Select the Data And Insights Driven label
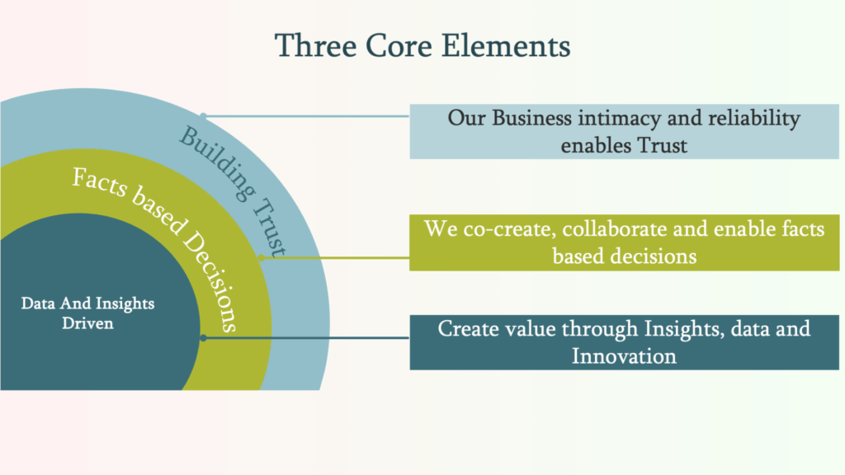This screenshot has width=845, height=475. tap(87, 313)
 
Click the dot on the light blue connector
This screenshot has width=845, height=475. tap(203, 116)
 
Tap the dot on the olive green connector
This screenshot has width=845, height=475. tap(260, 256)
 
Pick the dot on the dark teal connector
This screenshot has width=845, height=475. tap(203, 337)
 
